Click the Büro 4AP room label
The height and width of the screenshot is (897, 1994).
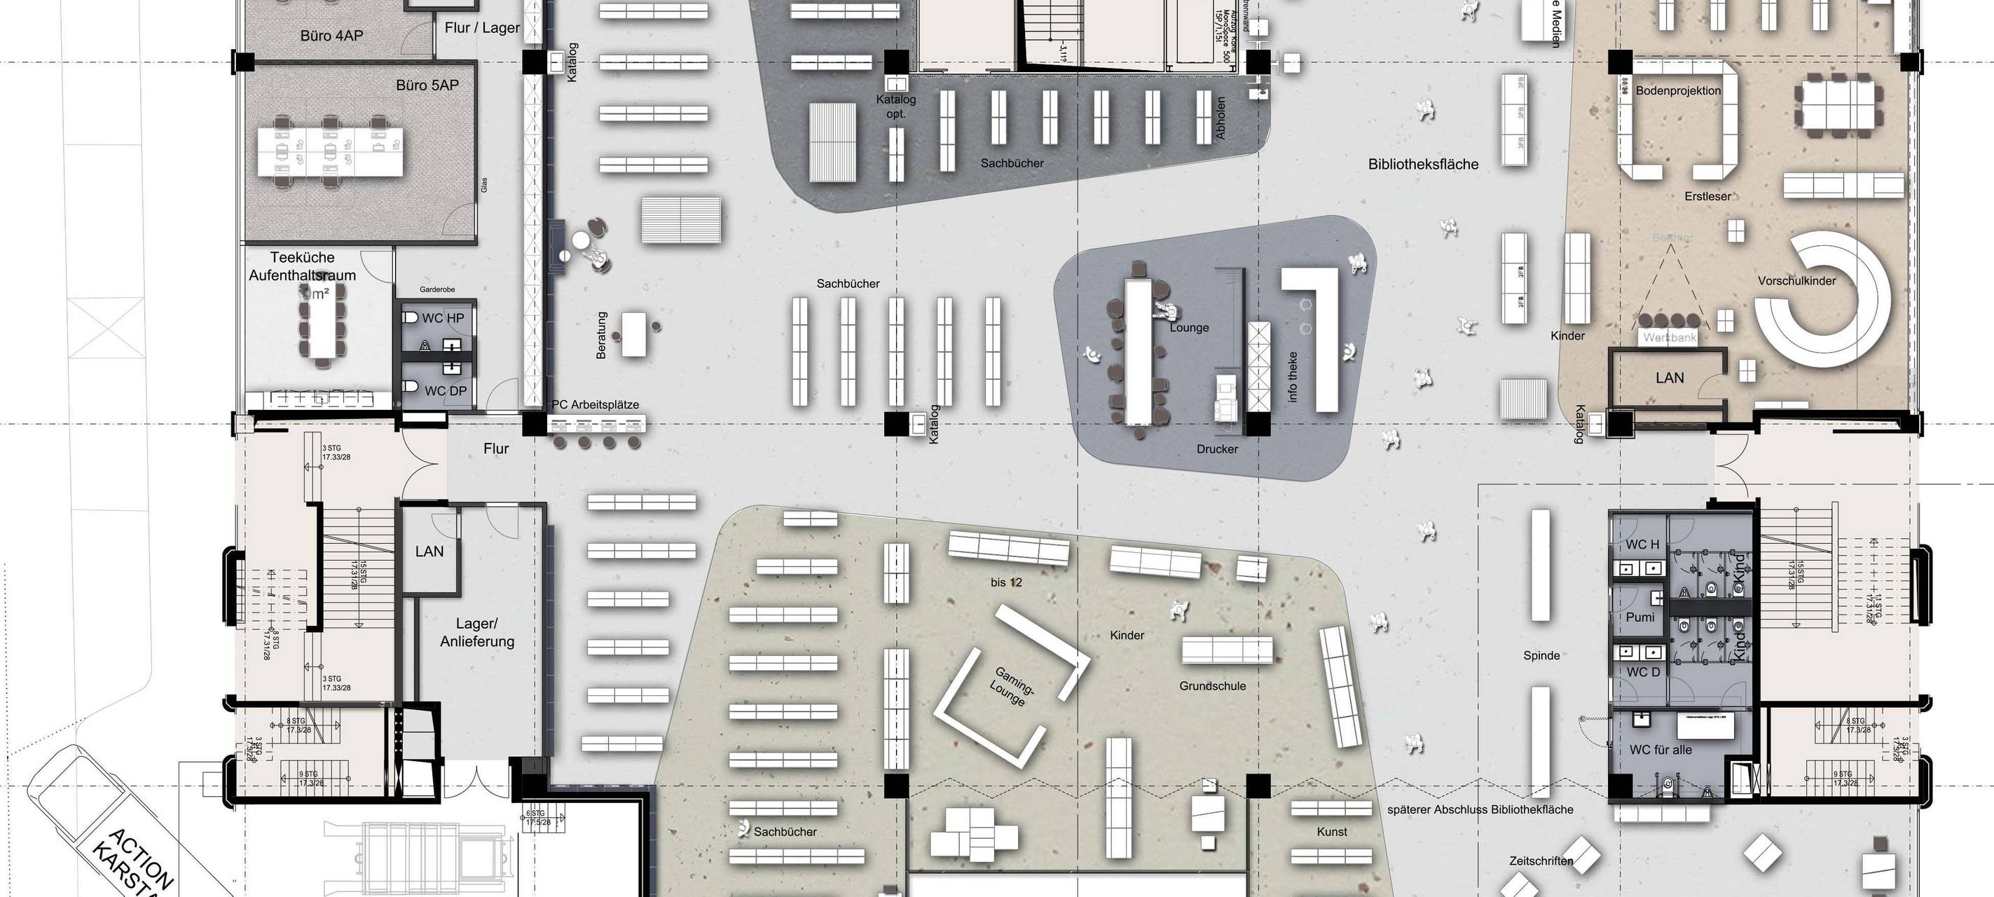click(x=331, y=36)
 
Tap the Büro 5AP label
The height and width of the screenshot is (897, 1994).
click(x=427, y=85)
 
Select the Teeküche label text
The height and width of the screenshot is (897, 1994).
click(x=302, y=258)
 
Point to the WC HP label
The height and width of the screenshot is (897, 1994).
click(x=443, y=318)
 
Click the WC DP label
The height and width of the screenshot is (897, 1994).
click(x=445, y=391)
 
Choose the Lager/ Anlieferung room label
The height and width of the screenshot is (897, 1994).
click(x=477, y=632)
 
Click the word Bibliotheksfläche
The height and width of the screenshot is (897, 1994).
click(x=1423, y=164)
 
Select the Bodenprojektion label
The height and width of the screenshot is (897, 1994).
click(x=1678, y=90)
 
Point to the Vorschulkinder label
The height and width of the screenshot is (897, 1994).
click(x=1796, y=281)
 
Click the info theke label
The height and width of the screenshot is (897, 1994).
click(x=1292, y=377)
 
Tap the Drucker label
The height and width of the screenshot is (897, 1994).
click(x=1217, y=449)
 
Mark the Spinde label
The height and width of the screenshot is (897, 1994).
click(x=1541, y=655)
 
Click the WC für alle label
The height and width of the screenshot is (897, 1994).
click(x=1660, y=749)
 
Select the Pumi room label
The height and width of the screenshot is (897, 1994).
click(x=1640, y=617)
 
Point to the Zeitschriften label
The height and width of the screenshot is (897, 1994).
click(x=1541, y=861)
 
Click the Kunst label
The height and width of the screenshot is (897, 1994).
click(x=1331, y=832)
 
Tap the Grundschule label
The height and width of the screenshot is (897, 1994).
click(x=1212, y=685)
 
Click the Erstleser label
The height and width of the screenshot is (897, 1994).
click(x=1707, y=197)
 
